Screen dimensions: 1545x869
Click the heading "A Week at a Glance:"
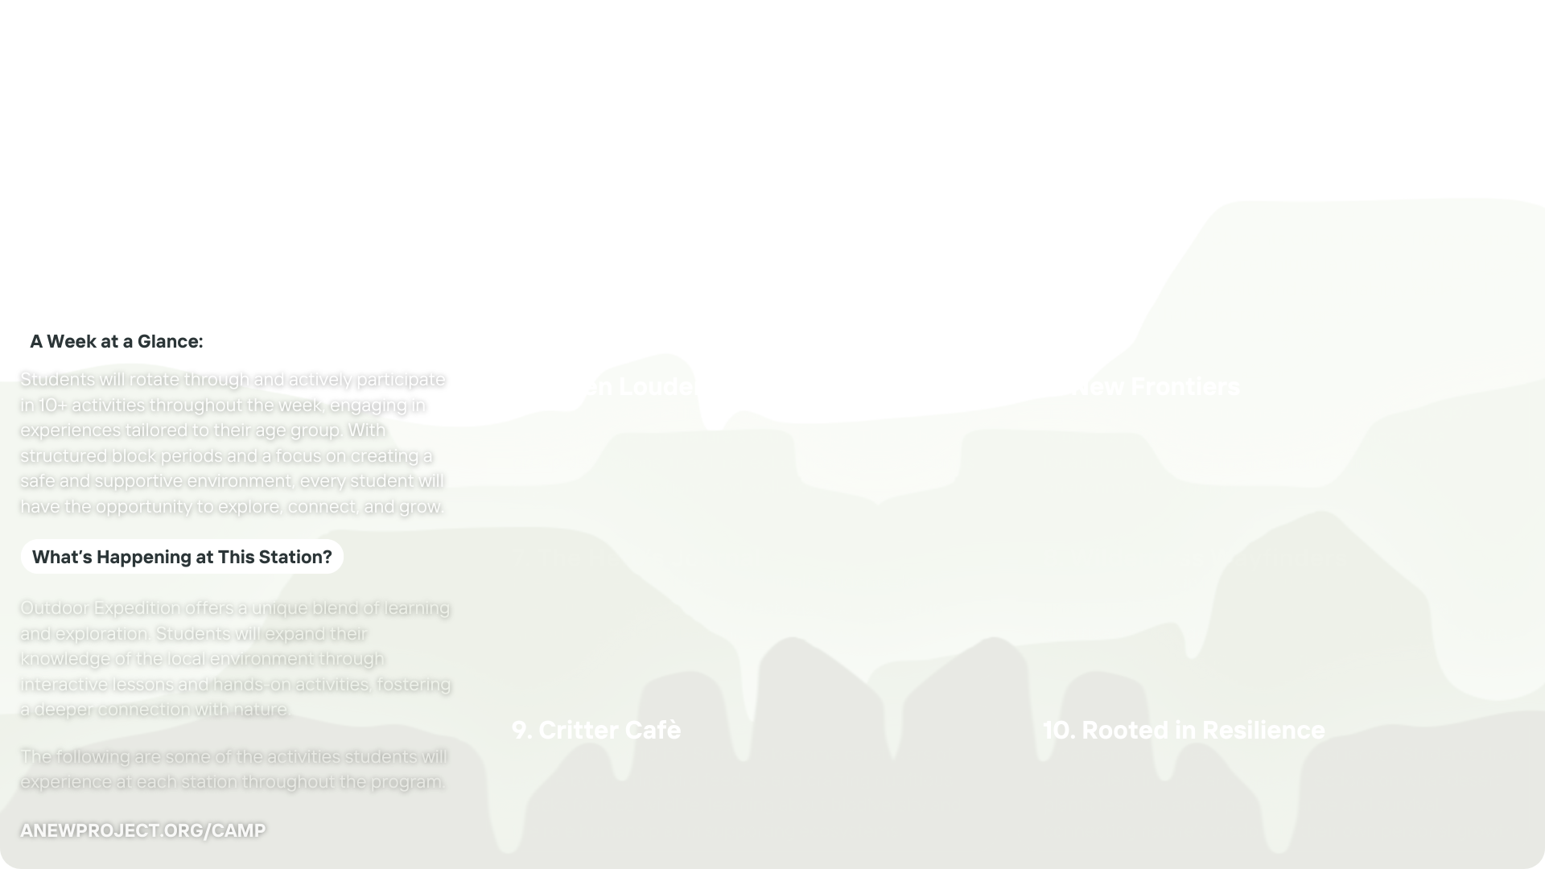pos(117,341)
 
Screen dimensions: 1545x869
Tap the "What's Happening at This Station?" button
pos(182,557)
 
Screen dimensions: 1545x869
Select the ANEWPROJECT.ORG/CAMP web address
pos(142,830)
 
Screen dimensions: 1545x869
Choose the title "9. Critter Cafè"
pos(596,730)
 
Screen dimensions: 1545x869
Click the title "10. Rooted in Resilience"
pos(1184,730)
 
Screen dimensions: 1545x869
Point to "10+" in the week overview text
pos(52,406)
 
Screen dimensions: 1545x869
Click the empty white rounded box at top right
pos(1273,92)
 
